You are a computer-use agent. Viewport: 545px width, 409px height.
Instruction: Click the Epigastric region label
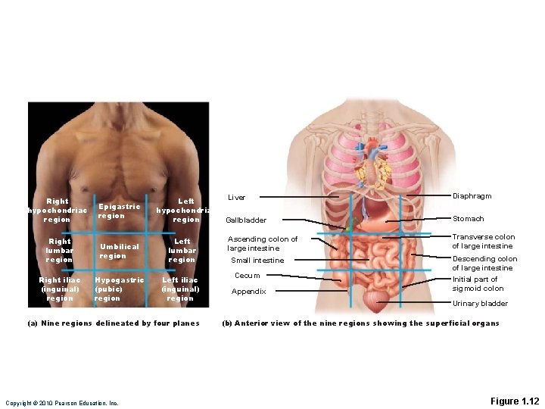[119, 211]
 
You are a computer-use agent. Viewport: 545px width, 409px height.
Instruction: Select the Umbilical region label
[119, 251]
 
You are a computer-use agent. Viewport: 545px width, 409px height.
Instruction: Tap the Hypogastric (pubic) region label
[119, 289]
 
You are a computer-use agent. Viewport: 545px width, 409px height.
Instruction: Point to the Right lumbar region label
[59, 251]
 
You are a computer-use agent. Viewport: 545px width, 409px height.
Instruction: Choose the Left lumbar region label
[182, 251]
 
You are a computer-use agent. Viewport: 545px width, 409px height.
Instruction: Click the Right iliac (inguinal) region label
[60, 289]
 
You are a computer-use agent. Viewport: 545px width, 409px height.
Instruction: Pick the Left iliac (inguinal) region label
[180, 289]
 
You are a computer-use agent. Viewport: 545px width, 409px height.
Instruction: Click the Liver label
[237, 198]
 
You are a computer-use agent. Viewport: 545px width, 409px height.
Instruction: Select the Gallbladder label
[246, 220]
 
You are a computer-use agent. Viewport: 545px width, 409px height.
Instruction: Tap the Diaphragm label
[472, 196]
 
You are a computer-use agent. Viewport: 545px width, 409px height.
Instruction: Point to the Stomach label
[468, 219]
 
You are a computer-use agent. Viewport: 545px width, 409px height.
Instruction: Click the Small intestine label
[257, 261]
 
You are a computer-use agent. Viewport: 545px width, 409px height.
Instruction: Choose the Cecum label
[247, 276]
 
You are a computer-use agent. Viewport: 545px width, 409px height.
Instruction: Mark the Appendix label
[248, 292]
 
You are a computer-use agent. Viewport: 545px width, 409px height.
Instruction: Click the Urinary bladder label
[480, 304]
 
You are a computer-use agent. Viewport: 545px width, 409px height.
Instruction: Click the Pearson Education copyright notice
[62, 403]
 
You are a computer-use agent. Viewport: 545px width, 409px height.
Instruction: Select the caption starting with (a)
[113, 323]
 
